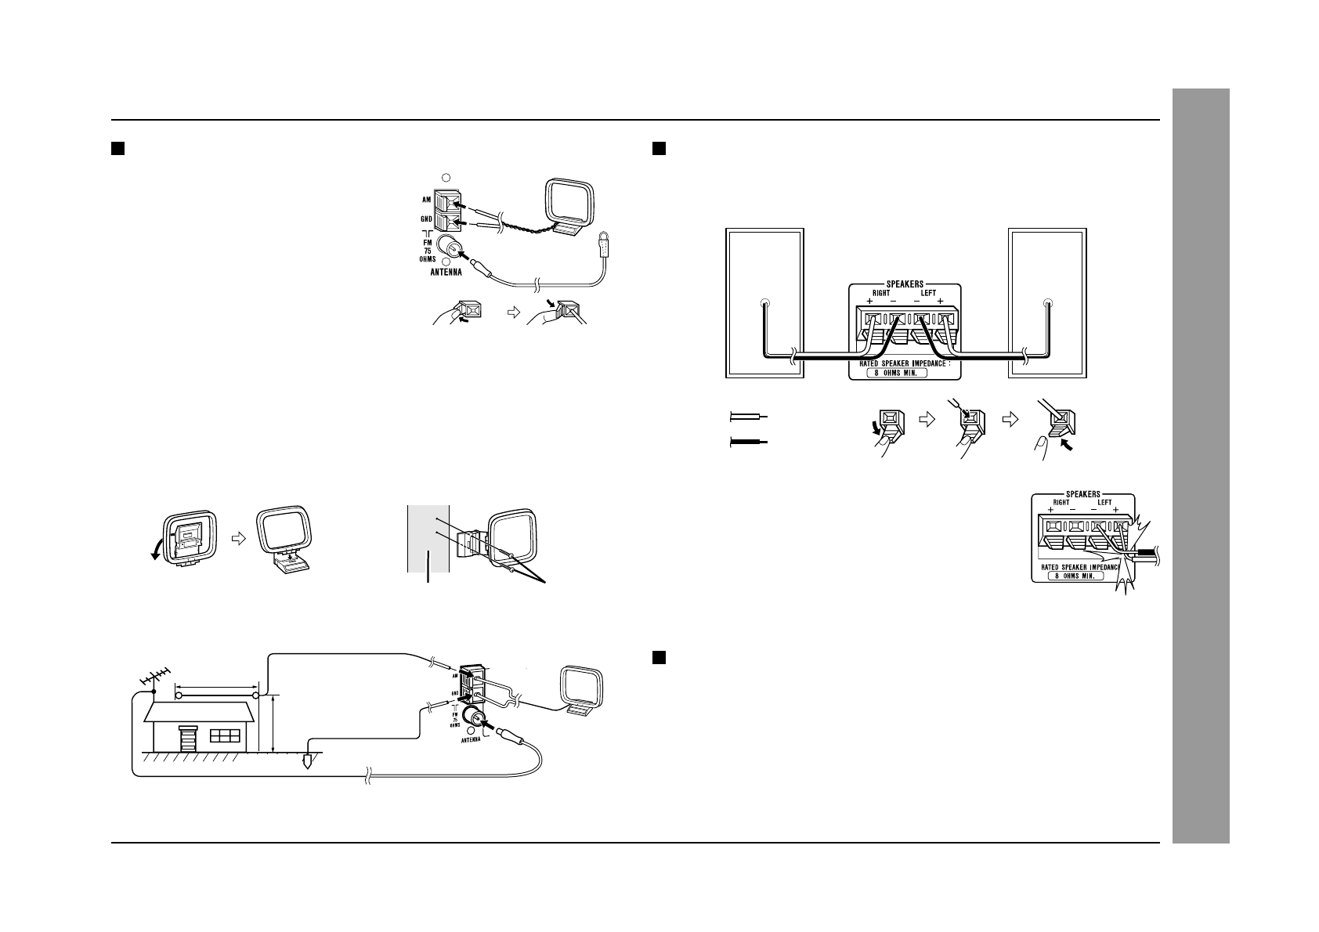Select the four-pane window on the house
(x=226, y=738)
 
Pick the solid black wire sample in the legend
(x=750, y=443)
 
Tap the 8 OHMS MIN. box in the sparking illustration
(x=1075, y=575)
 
